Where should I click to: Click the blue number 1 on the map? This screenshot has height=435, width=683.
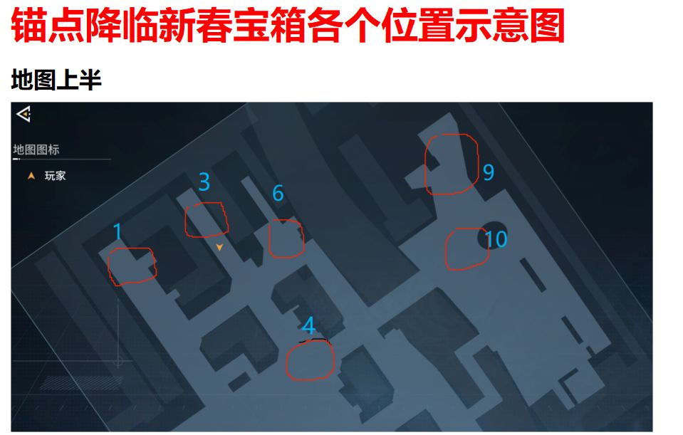(118, 231)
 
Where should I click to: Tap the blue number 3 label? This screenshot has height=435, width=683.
(204, 182)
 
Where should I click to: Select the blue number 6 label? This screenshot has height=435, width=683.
(278, 193)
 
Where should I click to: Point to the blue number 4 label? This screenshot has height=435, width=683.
(308, 325)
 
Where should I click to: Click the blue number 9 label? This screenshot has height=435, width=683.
(489, 172)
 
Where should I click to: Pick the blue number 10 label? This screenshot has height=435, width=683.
(496, 239)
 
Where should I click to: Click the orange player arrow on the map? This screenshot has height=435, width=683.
(219, 247)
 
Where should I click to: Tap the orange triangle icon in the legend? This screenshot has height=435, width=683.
(31, 176)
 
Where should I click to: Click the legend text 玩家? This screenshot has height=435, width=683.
(55, 176)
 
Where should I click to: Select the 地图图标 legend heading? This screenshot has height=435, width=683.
(36, 150)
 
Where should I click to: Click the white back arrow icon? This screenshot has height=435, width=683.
(24, 114)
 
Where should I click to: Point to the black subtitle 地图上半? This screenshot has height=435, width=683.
(56, 80)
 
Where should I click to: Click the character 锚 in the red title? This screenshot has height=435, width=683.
(28, 26)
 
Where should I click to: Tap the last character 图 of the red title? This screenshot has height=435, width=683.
(547, 26)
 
